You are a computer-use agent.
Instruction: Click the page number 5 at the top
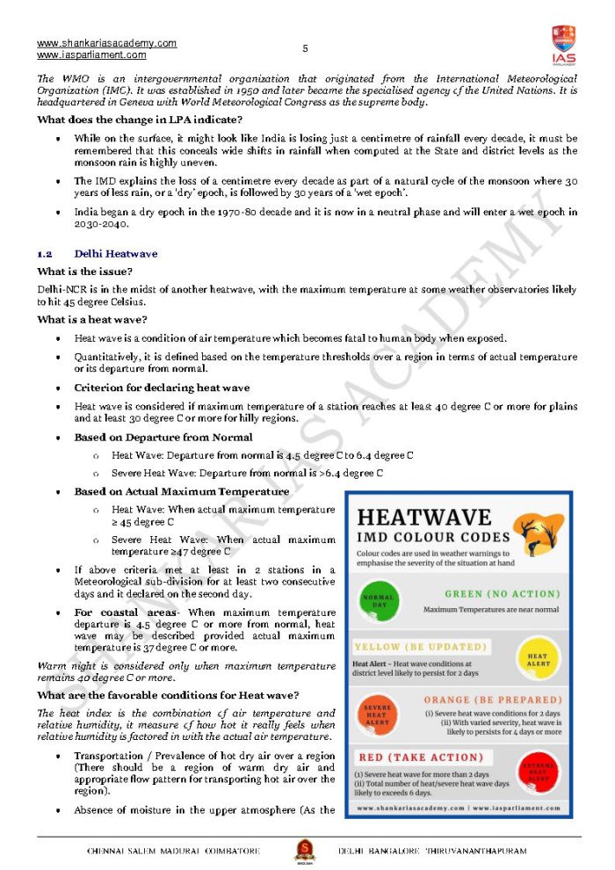(305, 48)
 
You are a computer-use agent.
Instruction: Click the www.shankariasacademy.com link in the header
(106, 43)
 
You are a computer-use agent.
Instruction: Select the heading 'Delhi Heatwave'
(116, 254)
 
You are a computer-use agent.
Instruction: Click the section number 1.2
(45, 254)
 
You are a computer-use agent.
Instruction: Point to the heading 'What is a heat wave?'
(92, 319)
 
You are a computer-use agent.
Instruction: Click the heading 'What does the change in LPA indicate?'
(140, 120)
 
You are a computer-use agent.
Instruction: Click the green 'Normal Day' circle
(379, 602)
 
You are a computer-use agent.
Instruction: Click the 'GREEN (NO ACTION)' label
(501, 594)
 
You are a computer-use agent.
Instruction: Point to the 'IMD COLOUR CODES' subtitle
(433, 536)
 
